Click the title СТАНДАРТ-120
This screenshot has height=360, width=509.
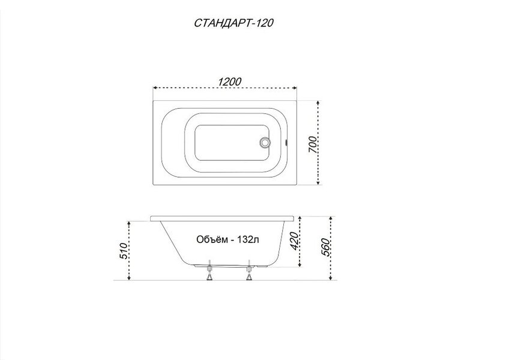point(233,23)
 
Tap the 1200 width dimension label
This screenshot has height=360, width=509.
point(229,82)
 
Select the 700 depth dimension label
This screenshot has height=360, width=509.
point(312,145)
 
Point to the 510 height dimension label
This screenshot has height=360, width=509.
point(124,251)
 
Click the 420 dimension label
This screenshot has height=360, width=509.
point(294,241)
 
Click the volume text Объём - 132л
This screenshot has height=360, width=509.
point(227,239)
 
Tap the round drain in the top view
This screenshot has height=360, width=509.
point(265,143)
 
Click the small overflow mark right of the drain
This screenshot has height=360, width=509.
point(286,142)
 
